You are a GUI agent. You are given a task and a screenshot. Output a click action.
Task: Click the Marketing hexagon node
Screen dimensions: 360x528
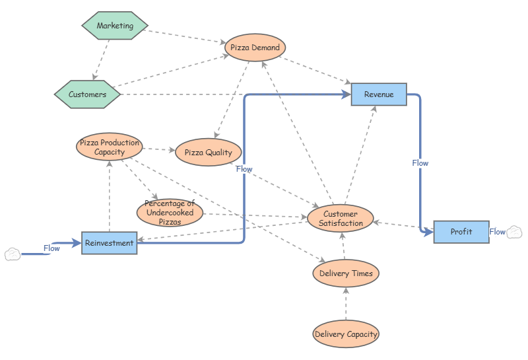[x=115, y=26]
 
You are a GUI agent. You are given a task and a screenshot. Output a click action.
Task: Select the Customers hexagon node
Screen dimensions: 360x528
[x=88, y=94]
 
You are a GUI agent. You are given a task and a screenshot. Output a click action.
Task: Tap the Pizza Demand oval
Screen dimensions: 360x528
[x=255, y=48]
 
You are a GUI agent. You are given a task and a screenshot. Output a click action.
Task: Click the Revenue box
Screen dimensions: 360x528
[x=379, y=94]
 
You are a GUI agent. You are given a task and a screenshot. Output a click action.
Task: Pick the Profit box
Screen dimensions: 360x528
[x=461, y=232]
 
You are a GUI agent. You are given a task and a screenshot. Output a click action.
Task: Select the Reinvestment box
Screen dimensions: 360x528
[x=109, y=243]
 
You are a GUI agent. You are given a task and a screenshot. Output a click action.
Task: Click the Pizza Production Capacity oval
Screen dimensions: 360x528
[x=109, y=147]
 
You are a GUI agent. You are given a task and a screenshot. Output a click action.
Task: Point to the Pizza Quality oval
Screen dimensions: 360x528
[x=208, y=153]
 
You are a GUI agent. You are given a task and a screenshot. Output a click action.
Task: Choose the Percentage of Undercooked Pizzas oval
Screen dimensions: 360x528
[x=170, y=213]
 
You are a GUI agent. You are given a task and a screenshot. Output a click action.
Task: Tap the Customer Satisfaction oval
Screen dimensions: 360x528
[x=341, y=219]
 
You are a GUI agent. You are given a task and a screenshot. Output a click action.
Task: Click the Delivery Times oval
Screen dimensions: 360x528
[x=346, y=273]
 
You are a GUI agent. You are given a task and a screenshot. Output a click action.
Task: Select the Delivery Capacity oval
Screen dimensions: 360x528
[x=346, y=334]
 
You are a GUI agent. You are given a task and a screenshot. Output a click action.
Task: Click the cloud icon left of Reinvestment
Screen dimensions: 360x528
[x=13, y=254]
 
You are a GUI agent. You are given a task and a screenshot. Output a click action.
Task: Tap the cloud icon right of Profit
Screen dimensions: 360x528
[x=515, y=232]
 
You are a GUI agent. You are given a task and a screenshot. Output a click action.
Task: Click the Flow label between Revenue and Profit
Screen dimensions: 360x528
[x=420, y=162]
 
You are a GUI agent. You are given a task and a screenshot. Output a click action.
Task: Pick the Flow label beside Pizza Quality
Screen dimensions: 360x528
[x=244, y=169]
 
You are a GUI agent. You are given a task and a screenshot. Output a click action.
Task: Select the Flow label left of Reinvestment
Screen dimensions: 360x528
[x=51, y=248]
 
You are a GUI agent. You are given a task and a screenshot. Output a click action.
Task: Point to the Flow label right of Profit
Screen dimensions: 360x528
[x=497, y=232]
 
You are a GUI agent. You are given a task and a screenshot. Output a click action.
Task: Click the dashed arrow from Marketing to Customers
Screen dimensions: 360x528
[x=101, y=60]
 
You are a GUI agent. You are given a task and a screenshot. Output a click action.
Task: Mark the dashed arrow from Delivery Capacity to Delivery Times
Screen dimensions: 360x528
[x=346, y=304]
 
